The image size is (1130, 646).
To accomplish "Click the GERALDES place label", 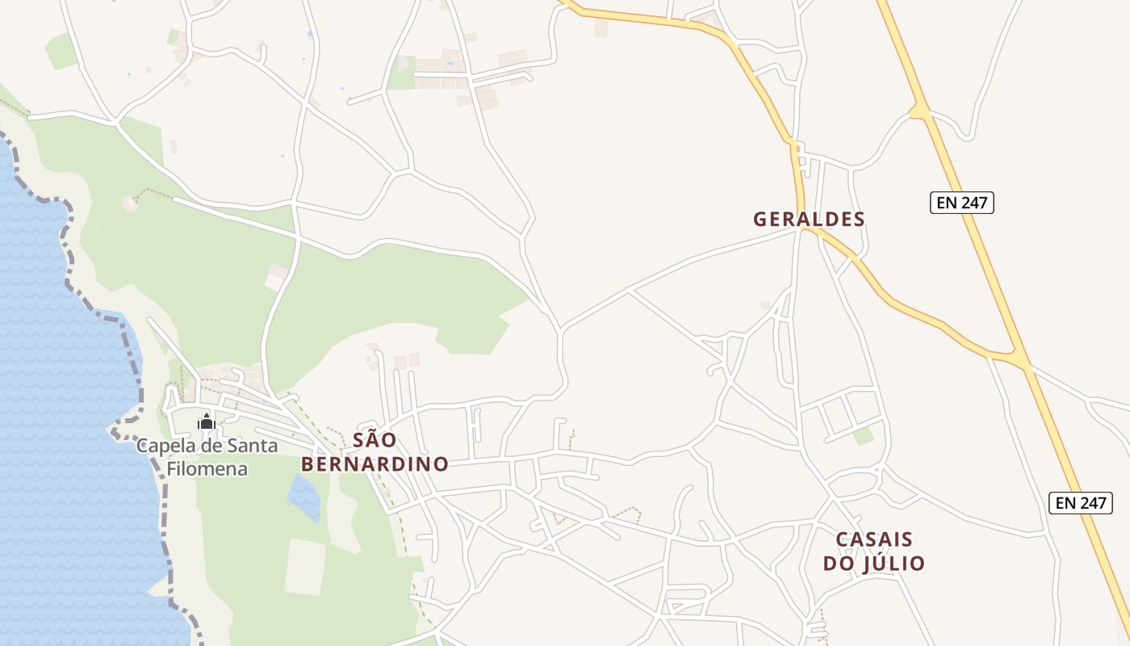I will (809, 219).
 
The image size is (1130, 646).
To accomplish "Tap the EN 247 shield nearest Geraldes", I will (961, 203).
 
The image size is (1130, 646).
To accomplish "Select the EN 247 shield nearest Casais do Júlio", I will (1081, 502).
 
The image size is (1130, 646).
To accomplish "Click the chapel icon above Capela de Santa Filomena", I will (206, 422).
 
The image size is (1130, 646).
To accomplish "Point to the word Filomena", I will (207, 468).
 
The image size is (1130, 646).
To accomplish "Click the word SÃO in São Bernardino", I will (375, 440).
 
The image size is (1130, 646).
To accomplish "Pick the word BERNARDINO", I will (375, 464).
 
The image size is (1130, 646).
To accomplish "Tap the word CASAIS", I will (874, 539).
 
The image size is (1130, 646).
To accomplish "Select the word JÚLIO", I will (896, 564).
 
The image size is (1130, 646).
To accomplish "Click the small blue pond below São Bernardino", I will (305, 496).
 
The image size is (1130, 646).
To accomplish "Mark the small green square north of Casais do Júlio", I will (864, 436).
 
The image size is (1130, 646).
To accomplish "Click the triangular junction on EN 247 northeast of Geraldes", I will (919, 111).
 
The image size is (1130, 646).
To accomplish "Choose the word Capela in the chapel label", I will (164, 446).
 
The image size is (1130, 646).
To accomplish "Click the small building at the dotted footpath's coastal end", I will (130, 203).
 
